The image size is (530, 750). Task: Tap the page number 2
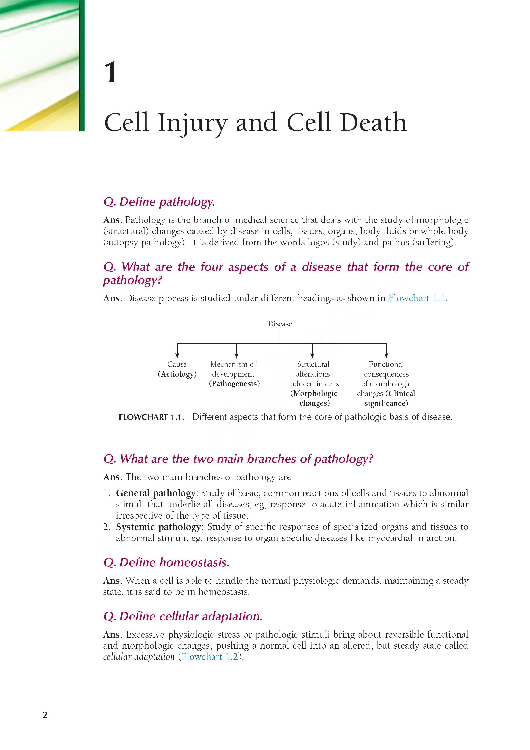45,715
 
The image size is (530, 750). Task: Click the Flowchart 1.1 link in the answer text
417,298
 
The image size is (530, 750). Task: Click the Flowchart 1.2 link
210,657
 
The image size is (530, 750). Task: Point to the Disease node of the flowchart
280,324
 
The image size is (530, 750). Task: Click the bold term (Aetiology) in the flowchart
177,374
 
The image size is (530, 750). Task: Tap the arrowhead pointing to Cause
177,355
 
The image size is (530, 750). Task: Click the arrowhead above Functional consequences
386,355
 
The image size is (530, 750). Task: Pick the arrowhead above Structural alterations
312,355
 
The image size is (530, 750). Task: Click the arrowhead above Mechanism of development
236,355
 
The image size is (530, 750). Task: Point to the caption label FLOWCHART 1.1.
151,417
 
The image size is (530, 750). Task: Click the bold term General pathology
156,493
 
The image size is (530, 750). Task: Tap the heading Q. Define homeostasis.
166,562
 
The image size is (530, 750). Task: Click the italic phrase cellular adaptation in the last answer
139,657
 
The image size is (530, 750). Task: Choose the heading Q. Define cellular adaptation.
183,616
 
